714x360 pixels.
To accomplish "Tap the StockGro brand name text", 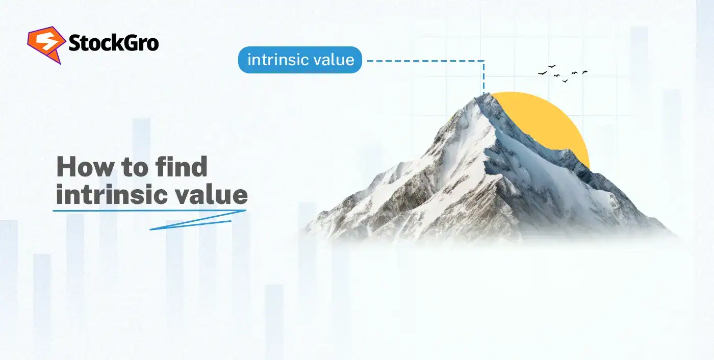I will click(113, 44).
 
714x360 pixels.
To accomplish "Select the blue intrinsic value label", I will click(300, 60).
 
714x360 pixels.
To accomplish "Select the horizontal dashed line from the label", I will click(423, 61).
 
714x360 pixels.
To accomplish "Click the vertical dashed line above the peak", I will click(483, 76).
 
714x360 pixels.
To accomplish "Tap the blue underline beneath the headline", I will click(150, 210).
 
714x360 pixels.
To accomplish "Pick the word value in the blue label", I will click(334, 60).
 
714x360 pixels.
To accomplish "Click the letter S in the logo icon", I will click(44, 44).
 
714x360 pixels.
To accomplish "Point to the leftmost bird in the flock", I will click(542, 73).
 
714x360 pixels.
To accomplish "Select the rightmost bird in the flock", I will click(584, 72).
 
